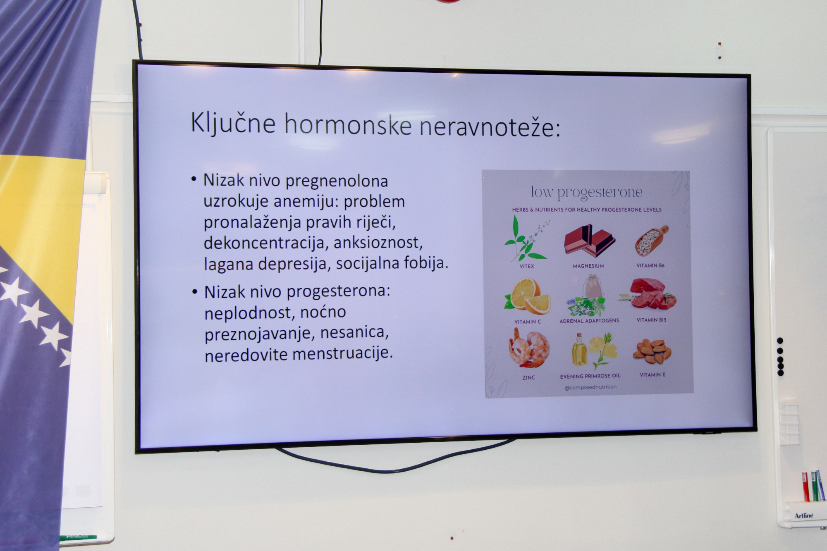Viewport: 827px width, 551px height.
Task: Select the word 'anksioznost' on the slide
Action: point(378,243)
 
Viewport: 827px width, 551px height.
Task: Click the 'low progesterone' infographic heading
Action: point(586,192)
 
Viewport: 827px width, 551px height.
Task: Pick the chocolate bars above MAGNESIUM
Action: point(590,241)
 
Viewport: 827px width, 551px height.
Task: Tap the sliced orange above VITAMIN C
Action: point(527,296)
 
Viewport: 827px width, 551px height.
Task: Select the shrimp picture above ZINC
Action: point(529,348)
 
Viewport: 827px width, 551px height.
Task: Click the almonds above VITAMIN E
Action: point(652,352)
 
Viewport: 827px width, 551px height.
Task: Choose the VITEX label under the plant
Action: point(527,266)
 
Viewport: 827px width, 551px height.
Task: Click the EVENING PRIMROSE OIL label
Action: point(590,377)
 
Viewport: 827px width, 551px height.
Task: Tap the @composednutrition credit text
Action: point(590,387)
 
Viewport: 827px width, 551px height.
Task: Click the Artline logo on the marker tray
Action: point(804,516)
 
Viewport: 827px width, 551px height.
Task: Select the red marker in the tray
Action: point(805,487)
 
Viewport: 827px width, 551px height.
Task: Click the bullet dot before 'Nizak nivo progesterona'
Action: point(195,292)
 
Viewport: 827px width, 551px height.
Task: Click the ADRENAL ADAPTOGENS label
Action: point(589,321)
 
